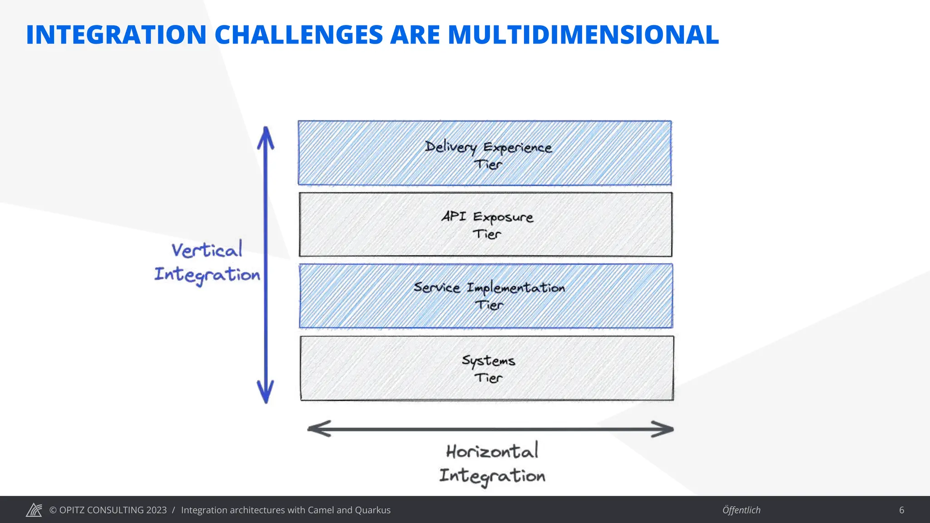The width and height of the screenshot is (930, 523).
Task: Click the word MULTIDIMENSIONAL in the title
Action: [x=583, y=35]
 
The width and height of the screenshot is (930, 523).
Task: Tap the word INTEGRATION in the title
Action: [x=116, y=35]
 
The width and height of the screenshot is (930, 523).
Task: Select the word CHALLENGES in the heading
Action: [x=298, y=35]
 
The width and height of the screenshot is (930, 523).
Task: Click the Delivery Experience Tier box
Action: [x=485, y=153]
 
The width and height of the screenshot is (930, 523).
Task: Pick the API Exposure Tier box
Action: [x=485, y=225]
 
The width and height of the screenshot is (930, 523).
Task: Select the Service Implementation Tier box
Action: [x=486, y=296]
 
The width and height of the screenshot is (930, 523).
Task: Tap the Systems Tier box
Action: [x=487, y=368]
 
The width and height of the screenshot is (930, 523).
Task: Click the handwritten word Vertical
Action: [x=207, y=250]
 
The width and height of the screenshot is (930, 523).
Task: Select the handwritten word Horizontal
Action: [x=492, y=451]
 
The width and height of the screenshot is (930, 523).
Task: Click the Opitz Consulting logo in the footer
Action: [x=34, y=510]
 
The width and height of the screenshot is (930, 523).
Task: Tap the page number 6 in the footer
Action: [x=901, y=510]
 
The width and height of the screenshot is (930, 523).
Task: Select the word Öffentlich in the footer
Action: [x=741, y=510]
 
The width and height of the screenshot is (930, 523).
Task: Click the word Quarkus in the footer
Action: [x=372, y=510]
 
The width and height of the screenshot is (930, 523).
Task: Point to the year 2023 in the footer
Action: [x=156, y=510]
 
